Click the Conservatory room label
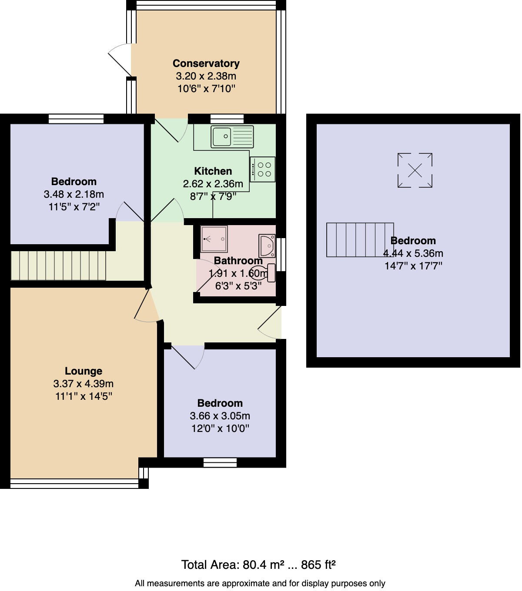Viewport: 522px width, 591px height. point(206,63)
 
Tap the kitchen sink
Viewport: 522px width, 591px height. point(232,136)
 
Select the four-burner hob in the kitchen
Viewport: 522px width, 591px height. point(262,169)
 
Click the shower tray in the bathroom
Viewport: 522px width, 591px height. point(214,239)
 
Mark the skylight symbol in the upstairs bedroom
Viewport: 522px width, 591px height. point(415,170)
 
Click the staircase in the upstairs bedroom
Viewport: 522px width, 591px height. point(360,240)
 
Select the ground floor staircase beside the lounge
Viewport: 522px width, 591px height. point(58,266)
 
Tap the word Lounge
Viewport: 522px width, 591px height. point(84,371)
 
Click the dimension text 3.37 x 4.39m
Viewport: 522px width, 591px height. point(84,384)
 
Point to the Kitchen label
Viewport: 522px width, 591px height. point(213,171)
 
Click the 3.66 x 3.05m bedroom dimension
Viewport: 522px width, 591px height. point(220,416)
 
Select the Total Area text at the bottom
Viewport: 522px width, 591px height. point(258,565)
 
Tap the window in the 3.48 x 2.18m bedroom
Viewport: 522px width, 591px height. point(76,119)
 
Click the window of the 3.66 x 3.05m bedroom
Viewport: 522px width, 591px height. point(220,463)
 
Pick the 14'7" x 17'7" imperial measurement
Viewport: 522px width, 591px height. point(413,266)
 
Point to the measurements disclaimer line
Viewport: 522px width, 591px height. point(260,584)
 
